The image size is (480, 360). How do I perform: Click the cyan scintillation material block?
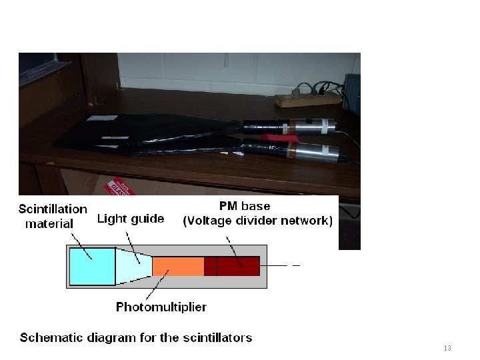pos(93,266)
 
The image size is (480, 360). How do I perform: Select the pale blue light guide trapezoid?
pos(134,266)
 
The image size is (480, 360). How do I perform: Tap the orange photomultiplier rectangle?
pos(178,266)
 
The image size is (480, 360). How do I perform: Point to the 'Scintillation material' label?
pos(53,216)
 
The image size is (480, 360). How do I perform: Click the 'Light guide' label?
pos(131,219)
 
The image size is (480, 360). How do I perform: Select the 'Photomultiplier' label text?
pos(161,307)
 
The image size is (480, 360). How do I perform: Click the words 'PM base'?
pos(245,206)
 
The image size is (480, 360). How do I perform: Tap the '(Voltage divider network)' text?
pos(258,221)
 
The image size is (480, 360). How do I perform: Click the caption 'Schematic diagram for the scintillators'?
pos(136,337)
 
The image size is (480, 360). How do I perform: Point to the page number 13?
pos(447,349)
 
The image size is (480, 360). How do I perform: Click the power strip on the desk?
pos(307,99)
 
